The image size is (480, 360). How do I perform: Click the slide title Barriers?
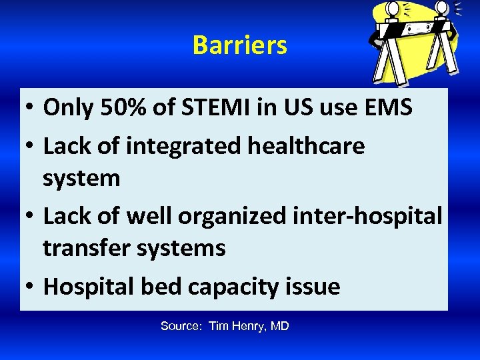point(239,45)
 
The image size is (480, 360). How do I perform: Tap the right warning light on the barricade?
point(442,7)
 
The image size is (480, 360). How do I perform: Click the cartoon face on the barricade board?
point(419,29)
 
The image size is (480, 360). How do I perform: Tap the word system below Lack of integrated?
point(81,179)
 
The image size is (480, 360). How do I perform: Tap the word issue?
point(313,287)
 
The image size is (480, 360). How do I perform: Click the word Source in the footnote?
point(181,326)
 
